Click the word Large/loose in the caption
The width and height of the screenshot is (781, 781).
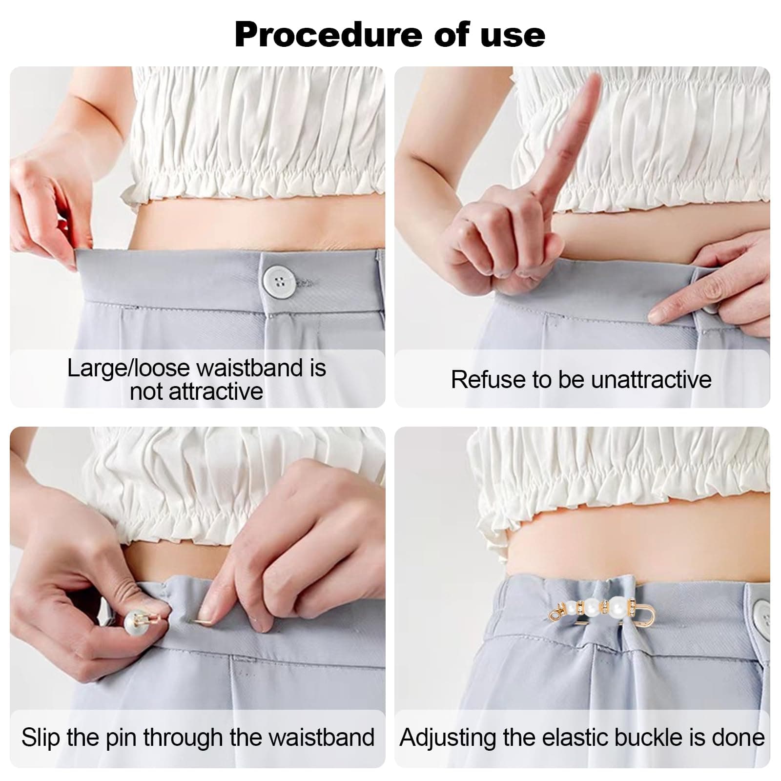tap(131, 369)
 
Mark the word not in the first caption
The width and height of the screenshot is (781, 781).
tap(147, 392)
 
